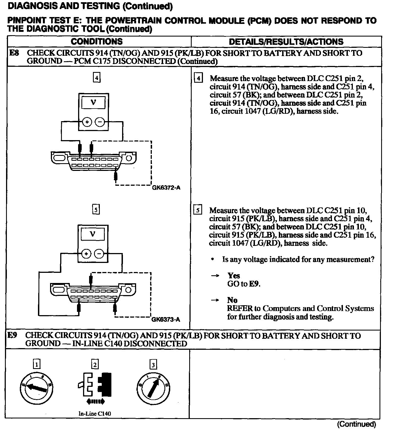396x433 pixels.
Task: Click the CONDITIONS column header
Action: (97, 41)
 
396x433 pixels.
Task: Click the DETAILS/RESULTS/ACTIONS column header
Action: (286, 42)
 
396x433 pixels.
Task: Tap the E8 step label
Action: (14, 53)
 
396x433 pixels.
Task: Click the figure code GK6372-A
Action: (166, 188)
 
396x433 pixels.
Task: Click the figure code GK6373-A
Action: (166, 320)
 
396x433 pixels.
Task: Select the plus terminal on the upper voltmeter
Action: (87, 122)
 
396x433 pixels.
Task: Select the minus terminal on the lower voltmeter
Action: (99, 254)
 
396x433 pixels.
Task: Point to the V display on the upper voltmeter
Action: (94, 103)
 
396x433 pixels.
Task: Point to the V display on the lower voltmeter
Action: (93, 234)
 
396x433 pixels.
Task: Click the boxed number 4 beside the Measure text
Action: (198, 78)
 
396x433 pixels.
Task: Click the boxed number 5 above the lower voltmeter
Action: (95, 210)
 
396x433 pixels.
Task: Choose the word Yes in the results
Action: (233, 276)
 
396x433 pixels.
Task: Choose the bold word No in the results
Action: (232, 300)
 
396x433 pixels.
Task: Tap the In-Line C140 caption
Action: (95, 413)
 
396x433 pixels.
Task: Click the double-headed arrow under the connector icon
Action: (95, 402)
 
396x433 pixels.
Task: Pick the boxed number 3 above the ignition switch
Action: (153, 365)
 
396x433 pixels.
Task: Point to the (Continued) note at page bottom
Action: (356, 424)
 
